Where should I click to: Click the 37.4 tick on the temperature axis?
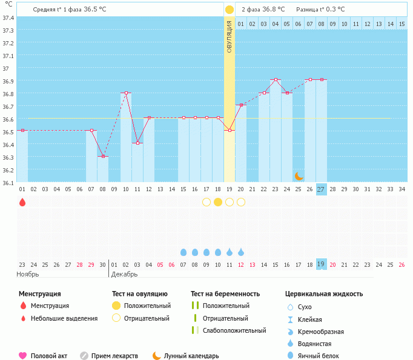(x=8, y=17)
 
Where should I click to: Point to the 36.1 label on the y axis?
(x=8, y=182)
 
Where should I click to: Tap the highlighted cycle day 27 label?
(x=321, y=189)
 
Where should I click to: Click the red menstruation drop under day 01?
(x=22, y=202)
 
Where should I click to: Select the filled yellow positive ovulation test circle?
(x=218, y=202)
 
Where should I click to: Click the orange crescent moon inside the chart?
(x=299, y=176)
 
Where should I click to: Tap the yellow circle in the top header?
(x=230, y=10)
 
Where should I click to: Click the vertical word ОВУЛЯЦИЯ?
(x=230, y=36)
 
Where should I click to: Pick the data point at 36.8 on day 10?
(x=126, y=93)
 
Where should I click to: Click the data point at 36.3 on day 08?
(x=103, y=156)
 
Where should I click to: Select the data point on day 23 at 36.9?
(x=276, y=80)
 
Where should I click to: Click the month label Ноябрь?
(x=28, y=274)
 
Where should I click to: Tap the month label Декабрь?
(x=125, y=274)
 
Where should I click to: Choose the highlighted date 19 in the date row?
(x=321, y=264)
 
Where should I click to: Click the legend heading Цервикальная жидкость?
(x=324, y=294)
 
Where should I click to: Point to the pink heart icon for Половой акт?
(x=23, y=356)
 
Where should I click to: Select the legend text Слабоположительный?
(x=234, y=330)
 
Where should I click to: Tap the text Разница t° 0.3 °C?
(x=320, y=10)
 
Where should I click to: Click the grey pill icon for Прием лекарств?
(x=84, y=356)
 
